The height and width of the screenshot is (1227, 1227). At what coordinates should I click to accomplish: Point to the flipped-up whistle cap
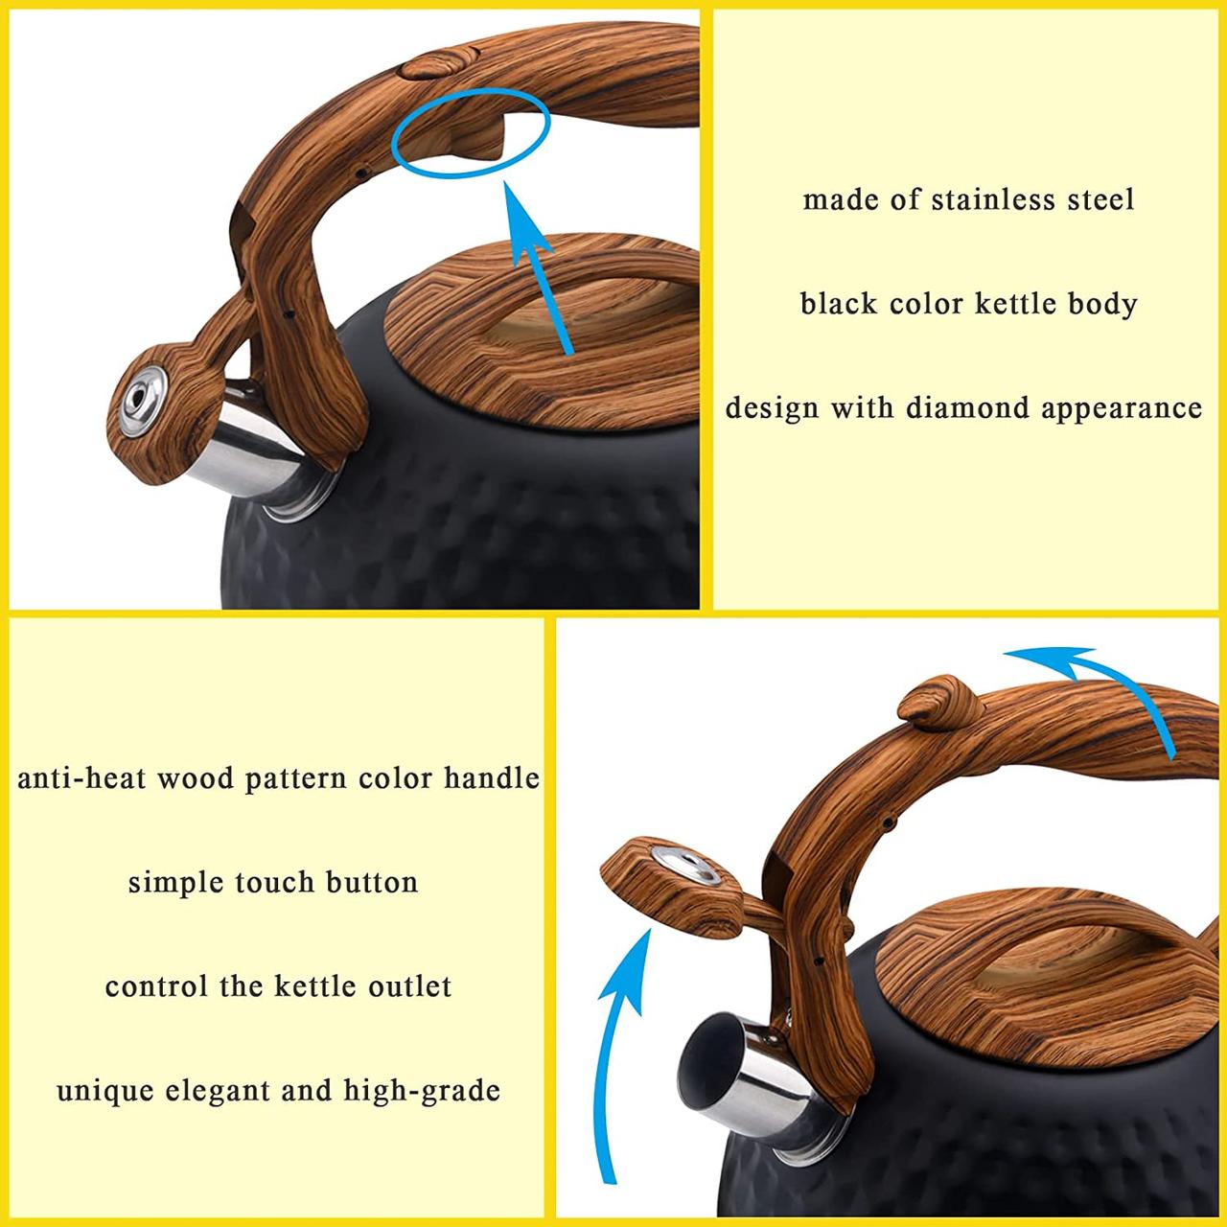pyautogui.click(x=672, y=888)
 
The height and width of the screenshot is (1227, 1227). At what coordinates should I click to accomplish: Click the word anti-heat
pyautogui.click(x=81, y=778)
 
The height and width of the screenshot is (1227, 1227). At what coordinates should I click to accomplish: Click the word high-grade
pyautogui.click(x=422, y=1091)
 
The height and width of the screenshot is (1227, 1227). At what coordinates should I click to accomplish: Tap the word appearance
pyautogui.click(x=1122, y=408)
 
